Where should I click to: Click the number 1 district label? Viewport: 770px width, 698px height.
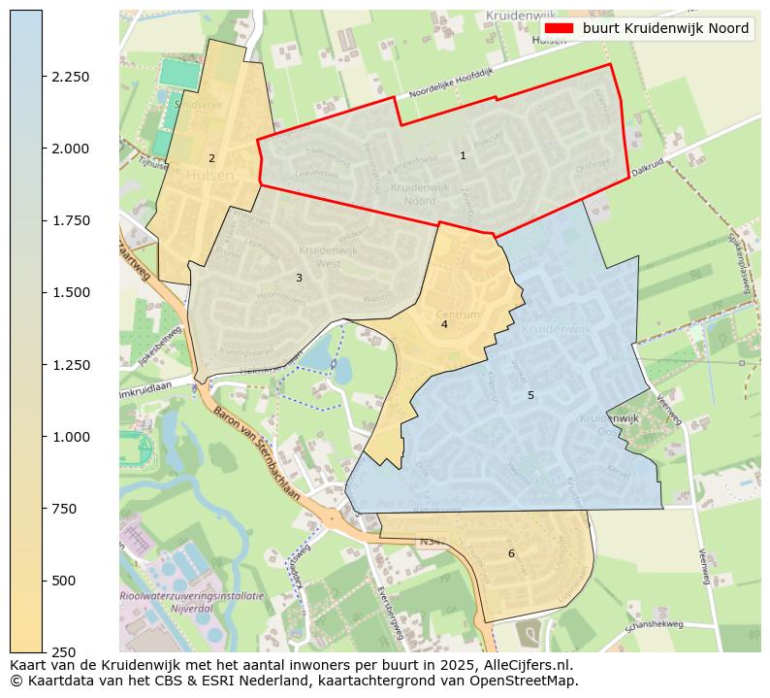(x=463, y=155)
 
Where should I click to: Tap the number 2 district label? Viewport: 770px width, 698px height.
(x=211, y=158)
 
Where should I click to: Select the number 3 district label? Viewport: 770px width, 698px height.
(x=299, y=278)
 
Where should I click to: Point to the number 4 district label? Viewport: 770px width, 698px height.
(x=444, y=324)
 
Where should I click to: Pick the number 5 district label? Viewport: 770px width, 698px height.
(x=530, y=395)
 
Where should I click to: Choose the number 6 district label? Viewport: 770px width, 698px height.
(x=511, y=553)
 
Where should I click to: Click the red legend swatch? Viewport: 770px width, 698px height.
(x=560, y=29)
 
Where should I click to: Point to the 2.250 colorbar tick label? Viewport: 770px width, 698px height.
(x=71, y=77)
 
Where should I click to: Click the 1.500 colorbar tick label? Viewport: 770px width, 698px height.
(x=71, y=292)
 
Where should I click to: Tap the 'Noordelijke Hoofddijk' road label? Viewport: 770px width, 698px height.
(x=452, y=83)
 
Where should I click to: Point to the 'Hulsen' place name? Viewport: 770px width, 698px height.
(x=209, y=176)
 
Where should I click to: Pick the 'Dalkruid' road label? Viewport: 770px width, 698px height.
(x=647, y=167)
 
